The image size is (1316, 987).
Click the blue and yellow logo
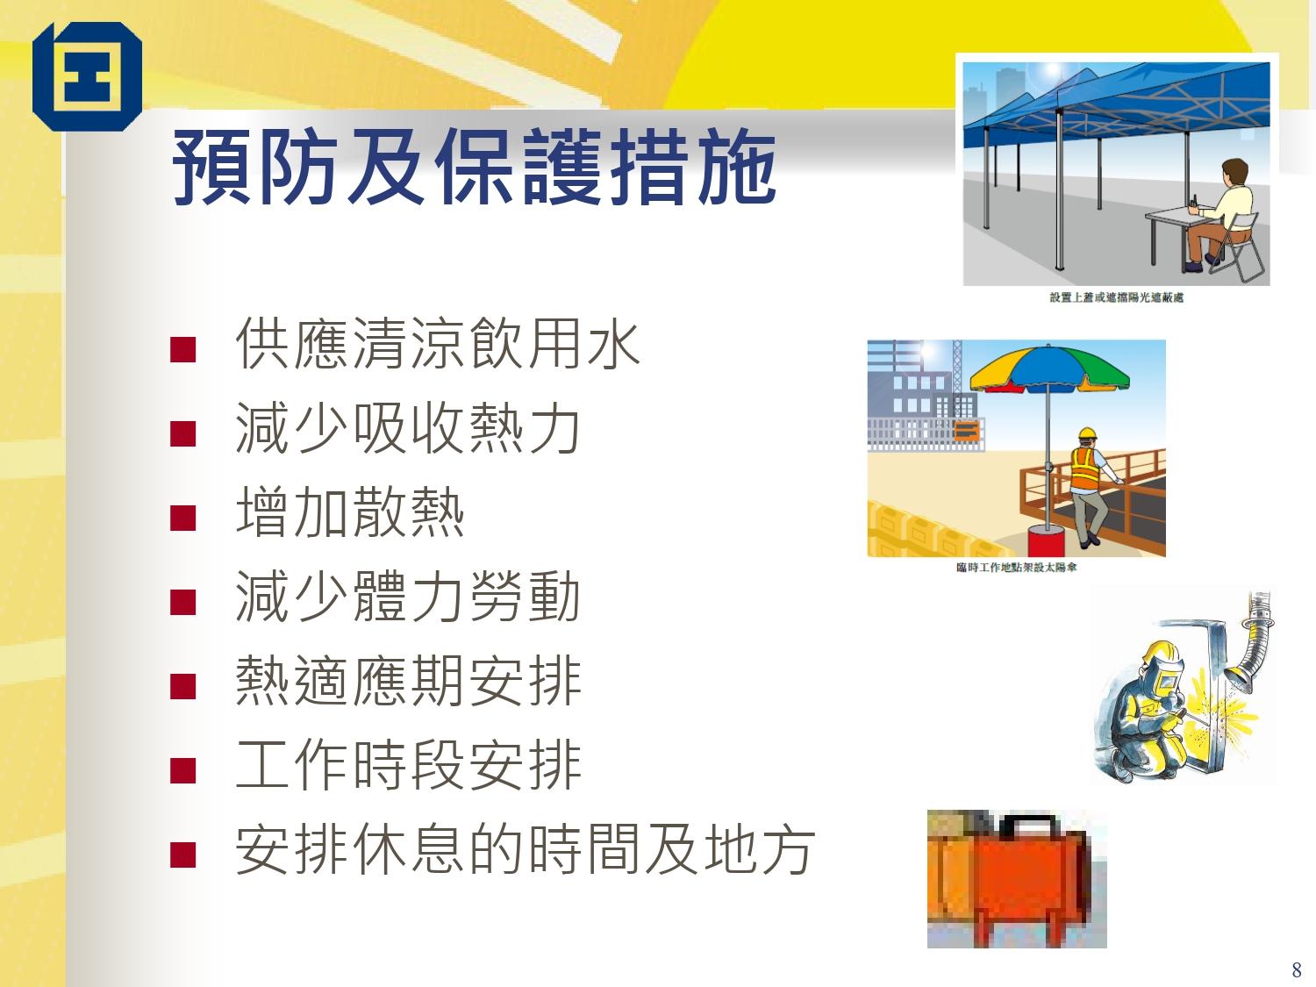coord(87,76)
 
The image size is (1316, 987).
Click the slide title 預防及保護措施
coord(475,167)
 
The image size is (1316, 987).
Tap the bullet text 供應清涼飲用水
coord(438,344)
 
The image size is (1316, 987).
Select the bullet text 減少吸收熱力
coord(408,429)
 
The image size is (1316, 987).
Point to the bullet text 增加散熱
coord(349,513)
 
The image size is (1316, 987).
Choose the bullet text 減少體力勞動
coord(408,597)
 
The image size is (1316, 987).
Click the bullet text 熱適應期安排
coord(408,682)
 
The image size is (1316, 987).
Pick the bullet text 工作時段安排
coord(408,766)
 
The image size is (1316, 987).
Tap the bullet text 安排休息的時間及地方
coord(525,850)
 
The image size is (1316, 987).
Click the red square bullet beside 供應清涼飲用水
coord(182,349)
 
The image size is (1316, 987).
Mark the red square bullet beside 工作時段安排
coord(182,770)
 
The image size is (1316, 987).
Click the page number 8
coord(1297,969)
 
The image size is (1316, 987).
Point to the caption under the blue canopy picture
coord(1116,298)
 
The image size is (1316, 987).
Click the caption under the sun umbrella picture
coord(1016,568)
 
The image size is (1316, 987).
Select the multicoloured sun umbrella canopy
coord(1048,368)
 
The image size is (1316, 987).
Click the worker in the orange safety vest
coord(1086,478)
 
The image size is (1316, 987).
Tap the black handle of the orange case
coord(1031,824)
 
